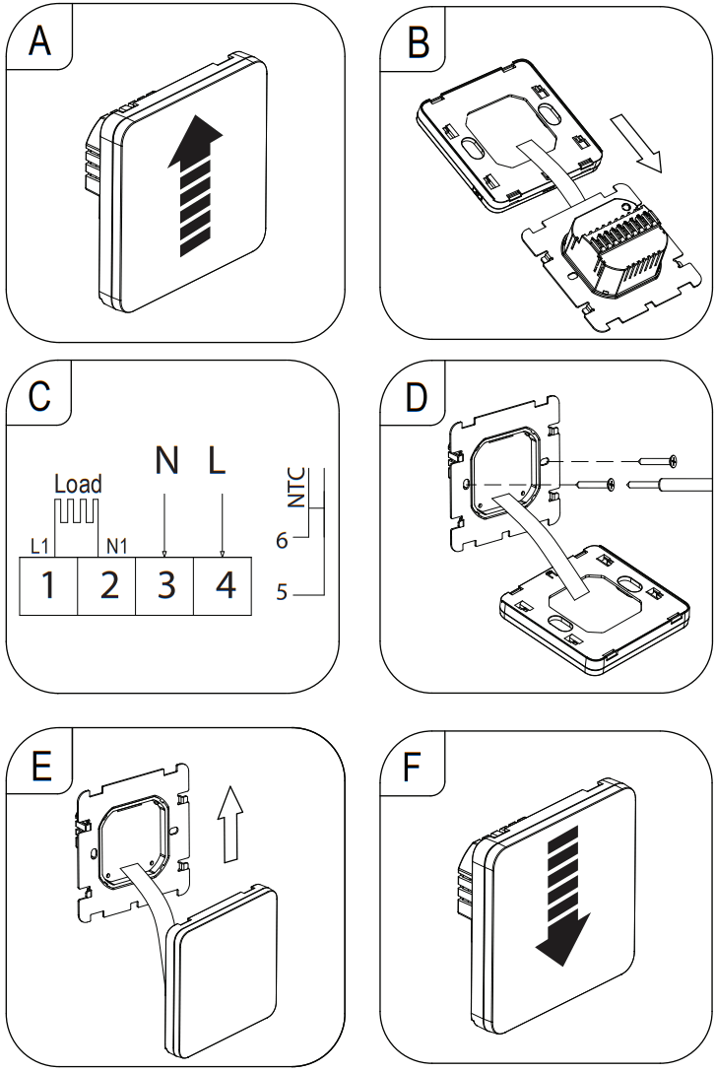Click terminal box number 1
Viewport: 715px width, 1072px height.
48,584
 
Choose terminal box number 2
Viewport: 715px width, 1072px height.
107,584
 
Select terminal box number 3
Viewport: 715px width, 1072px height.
165,584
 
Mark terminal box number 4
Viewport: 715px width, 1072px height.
225,584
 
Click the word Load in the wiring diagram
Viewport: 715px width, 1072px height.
78,484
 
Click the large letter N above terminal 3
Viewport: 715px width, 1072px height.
166,460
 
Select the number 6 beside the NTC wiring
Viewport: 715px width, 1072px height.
282,540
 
